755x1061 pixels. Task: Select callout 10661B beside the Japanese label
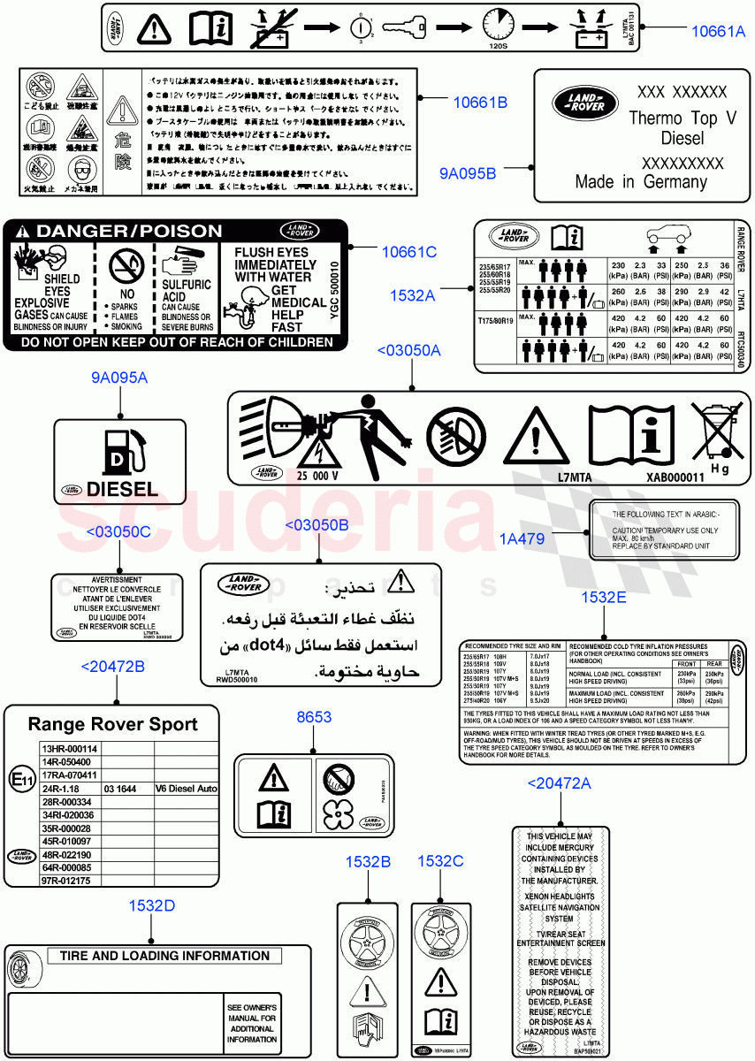(x=480, y=103)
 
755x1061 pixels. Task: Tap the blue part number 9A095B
(x=468, y=173)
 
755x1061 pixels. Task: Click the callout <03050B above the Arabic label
(x=317, y=525)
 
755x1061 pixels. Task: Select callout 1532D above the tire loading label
(x=151, y=905)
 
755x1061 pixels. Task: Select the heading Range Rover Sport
(x=112, y=725)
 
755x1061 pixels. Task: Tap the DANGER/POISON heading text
(x=118, y=232)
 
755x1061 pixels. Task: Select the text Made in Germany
(x=641, y=181)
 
